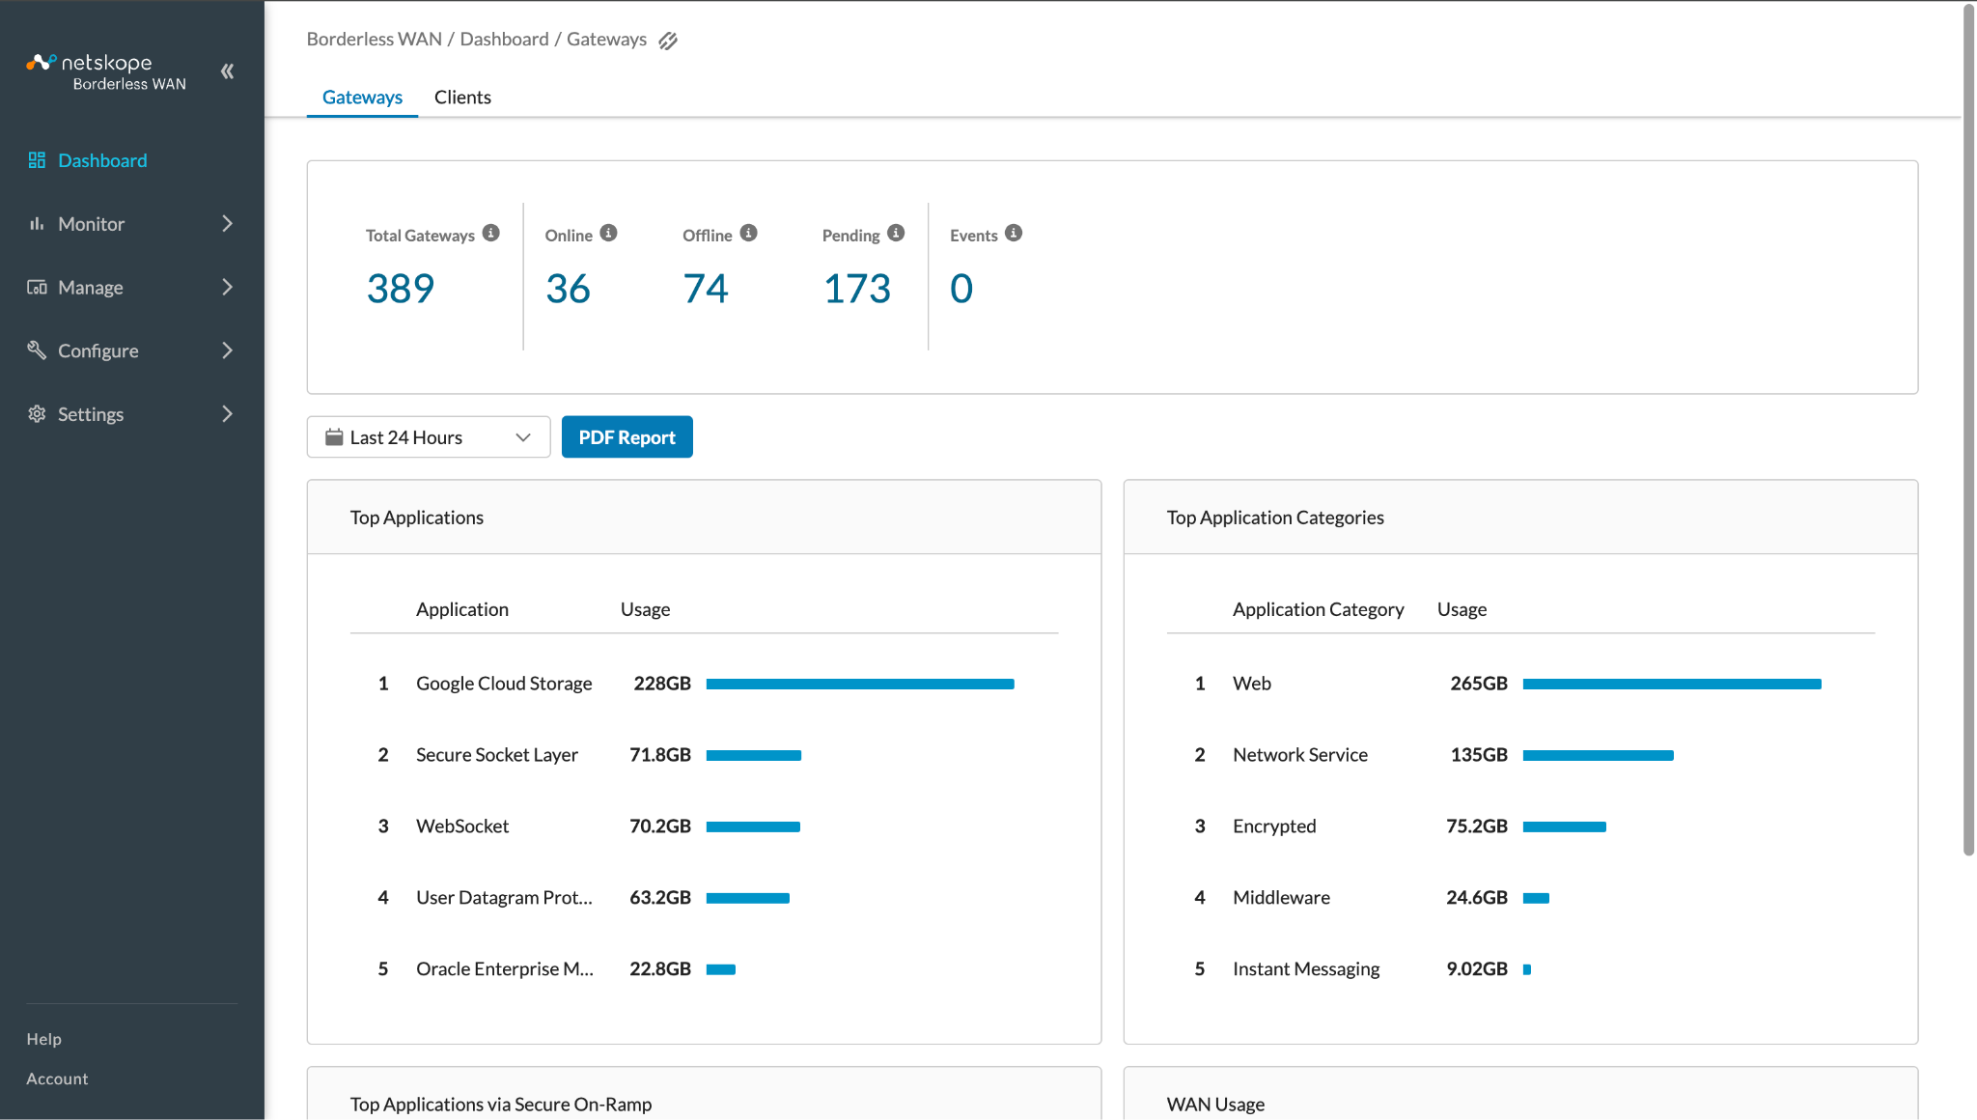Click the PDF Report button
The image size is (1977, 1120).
coord(627,437)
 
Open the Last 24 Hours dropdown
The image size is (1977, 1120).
coord(429,437)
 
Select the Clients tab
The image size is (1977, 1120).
coord(462,98)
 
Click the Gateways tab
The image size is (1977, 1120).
coord(362,98)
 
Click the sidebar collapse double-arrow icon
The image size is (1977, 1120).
coord(228,71)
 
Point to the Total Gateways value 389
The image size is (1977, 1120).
coord(401,289)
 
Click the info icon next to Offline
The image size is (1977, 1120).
coord(749,234)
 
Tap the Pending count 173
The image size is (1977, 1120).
coord(857,289)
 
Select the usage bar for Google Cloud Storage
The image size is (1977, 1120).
coord(860,684)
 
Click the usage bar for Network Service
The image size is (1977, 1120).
coord(1599,755)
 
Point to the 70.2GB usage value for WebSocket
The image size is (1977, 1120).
coord(660,826)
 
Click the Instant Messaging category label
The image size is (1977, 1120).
coord(1306,969)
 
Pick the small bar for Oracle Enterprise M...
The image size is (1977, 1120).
coord(721,969)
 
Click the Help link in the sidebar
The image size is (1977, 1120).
coord(44,1039)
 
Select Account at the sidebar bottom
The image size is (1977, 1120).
coord(57,1078)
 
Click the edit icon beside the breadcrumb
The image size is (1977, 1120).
coord(668,41)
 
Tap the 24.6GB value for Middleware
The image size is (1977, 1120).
coord(1477,898)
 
